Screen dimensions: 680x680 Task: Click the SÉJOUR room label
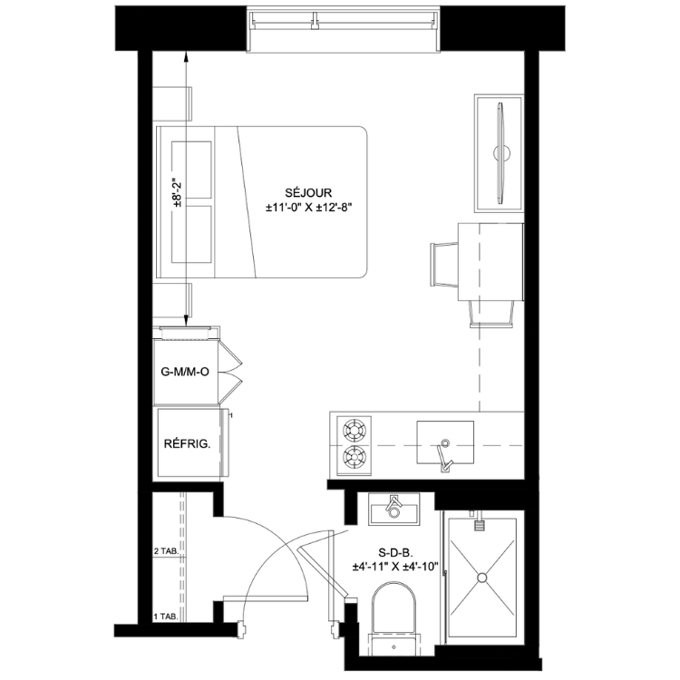[308, 192]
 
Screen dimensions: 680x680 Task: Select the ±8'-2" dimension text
[177, 192]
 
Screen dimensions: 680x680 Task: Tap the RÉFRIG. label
[187, 444]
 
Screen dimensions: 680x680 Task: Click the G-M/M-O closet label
[185, 372]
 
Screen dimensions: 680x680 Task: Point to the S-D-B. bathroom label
[395, 552]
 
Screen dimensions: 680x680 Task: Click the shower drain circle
[481, 578]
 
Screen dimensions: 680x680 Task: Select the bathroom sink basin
[393, 510]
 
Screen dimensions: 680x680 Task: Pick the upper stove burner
[355, 430]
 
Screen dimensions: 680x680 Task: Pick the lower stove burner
[355, 458]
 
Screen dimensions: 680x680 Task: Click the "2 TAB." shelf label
[166, 551]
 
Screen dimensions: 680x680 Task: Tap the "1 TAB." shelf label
[166, 616]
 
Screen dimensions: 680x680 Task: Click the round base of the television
[501, 152]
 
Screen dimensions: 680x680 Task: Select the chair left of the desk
[444, 265]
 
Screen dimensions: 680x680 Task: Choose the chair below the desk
[492, 313]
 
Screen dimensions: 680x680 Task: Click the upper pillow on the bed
[191, 170]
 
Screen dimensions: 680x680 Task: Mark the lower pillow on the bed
[191, 234]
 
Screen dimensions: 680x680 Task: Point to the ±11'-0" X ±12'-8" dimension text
[308, 208]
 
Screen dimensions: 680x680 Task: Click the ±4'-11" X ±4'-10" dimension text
[395, 567]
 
